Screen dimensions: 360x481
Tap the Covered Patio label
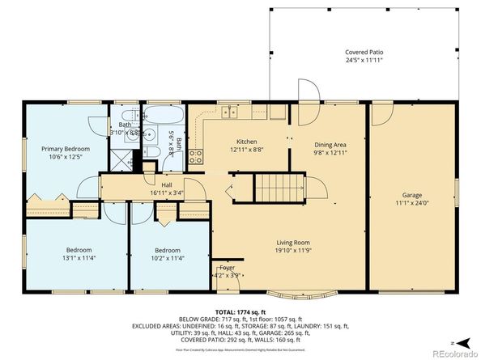[x=362, y=52]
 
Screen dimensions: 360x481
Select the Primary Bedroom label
[x=66, y=149]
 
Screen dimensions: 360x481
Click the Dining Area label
[x=330, y=144]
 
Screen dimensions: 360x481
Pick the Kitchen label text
[x=247, y=142]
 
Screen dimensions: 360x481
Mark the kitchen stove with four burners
[x=195, y=156]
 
